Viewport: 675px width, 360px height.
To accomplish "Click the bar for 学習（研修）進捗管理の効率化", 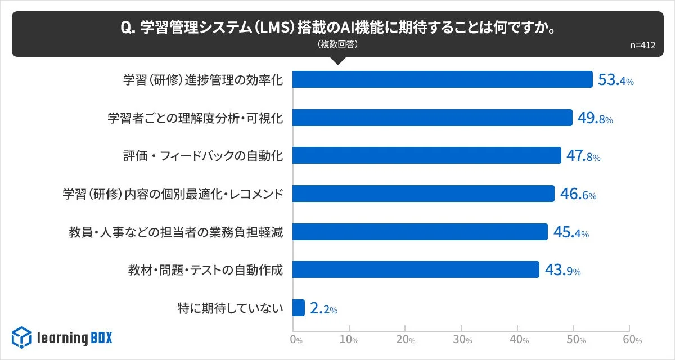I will tap(443, 79).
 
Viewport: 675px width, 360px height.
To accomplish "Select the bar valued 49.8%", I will tap(433, 118).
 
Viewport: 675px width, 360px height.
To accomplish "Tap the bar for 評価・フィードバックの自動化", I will tap(427, 155).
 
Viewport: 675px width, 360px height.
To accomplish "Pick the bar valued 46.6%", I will tap(424, 193).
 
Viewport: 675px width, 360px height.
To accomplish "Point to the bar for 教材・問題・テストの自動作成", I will tap(416, 269).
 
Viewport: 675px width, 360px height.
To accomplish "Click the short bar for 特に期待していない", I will tap(299, 308).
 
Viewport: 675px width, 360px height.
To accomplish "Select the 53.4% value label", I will tap(615, 80).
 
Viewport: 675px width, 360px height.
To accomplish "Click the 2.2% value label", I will tap(323, 308).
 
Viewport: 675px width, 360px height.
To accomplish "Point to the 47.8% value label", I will tap(583, 156).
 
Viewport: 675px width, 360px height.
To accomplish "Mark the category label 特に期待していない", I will tap(229, 308).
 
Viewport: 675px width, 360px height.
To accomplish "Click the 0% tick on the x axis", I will tap(295, 340).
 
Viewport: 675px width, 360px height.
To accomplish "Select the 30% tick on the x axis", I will tap(462, 340).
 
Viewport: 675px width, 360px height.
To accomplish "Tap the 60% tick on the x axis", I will tap(631, 340).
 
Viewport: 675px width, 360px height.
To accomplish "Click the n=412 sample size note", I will tap(643, 46).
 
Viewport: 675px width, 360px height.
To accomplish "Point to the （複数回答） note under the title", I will tap(337, 44).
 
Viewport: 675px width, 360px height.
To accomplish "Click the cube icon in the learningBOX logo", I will tap(21, 337).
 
